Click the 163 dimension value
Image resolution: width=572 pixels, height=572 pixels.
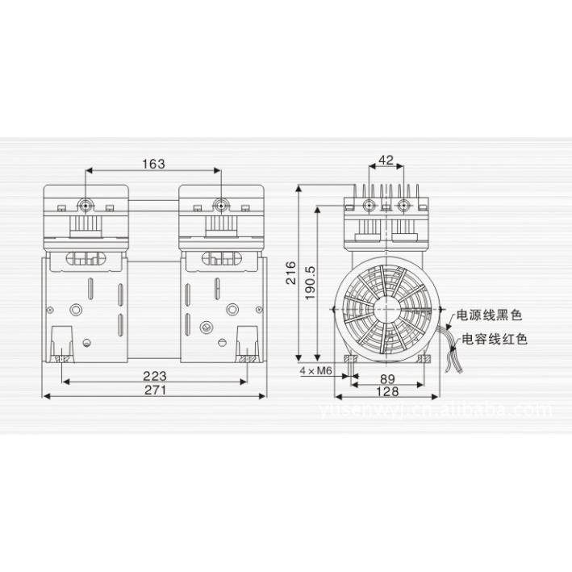coord(152,164)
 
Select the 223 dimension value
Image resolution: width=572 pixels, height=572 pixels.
coord(154,375)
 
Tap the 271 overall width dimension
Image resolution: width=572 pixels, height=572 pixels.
coord(154,390)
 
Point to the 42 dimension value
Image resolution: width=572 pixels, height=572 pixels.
coord(386,160)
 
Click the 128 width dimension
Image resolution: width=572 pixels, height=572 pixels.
coord(386,391)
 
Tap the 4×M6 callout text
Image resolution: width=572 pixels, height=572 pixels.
coord(315,370)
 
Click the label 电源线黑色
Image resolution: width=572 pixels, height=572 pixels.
coord(490,315)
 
